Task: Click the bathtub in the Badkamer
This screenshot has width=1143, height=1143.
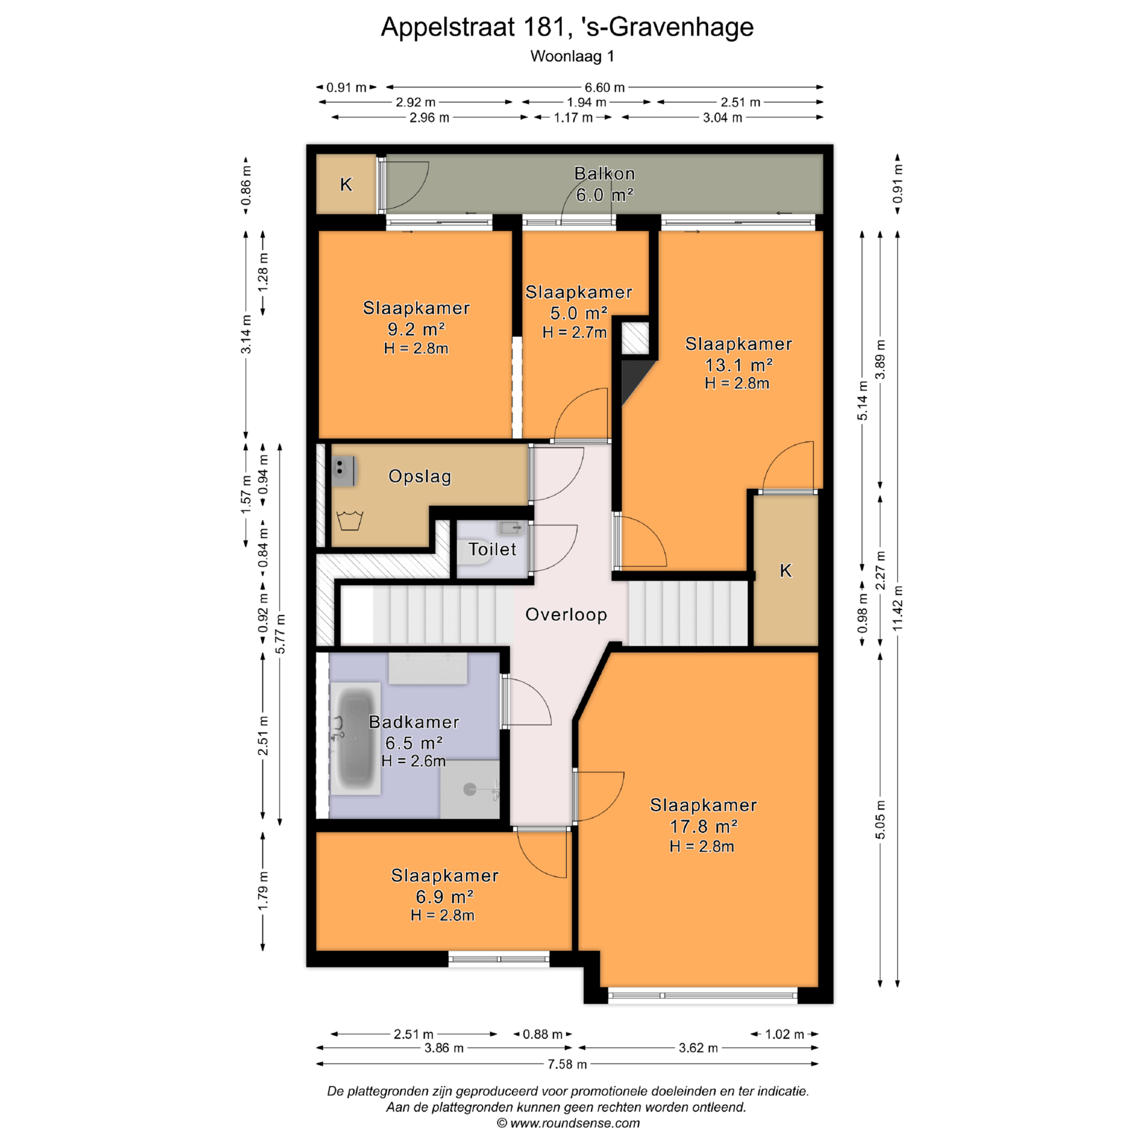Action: pos(355,738)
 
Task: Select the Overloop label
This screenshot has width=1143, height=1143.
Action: pos(566,614)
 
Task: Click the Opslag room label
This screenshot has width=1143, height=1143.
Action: pos(420,476)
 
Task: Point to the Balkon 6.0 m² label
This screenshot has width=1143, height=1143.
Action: pos(604,184)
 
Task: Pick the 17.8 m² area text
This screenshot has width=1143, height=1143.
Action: pos(704,826)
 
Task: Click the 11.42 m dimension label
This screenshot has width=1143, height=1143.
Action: pos(898,608)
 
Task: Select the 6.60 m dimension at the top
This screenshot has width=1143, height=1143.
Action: pos(605,88)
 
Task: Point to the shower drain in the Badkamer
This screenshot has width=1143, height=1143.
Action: pos(470,790)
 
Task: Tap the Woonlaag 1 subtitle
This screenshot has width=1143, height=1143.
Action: pos(572,57)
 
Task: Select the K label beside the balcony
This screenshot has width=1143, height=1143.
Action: pos(346,185)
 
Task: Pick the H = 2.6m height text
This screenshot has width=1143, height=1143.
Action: pos(414,761)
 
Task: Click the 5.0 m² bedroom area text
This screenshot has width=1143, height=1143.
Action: pos(579,313)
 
